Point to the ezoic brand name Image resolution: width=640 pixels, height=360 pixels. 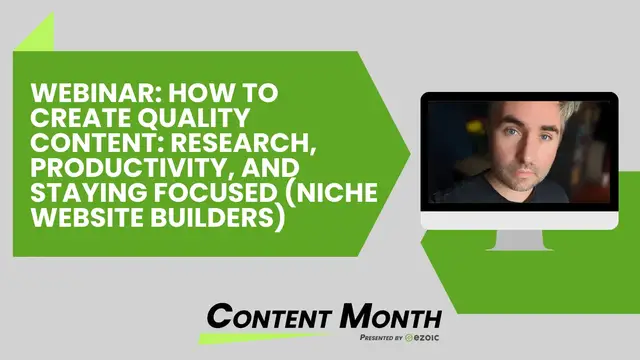tap(419, 340)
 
